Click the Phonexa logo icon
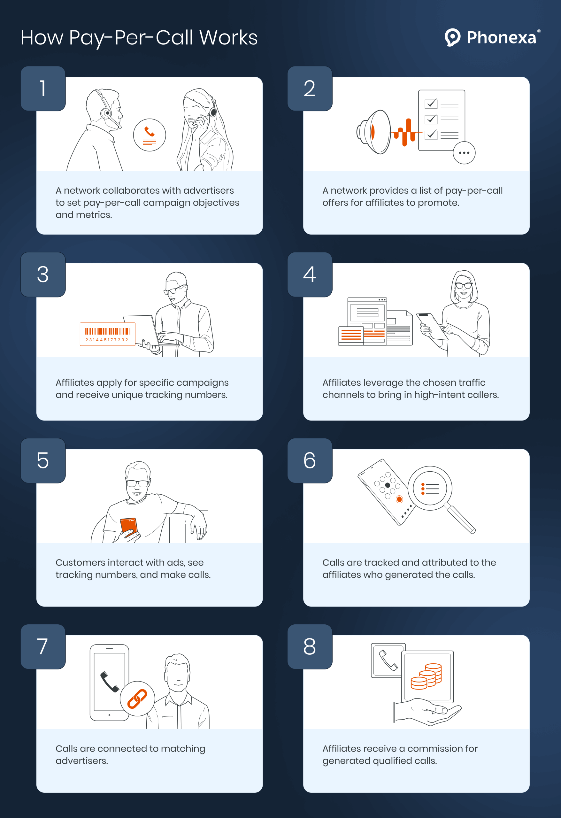[x=452, y=37]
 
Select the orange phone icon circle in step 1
[x=150, y=135]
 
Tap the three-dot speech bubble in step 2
[x=464, y=153]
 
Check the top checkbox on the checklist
[x=431, y=104]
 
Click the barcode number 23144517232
[x=107, y=340]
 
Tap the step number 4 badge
[x=310, y=274]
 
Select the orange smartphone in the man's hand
[x=128, y=526]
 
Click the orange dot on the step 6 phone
[x=399, y=499]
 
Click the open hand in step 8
[x=427, y=711]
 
